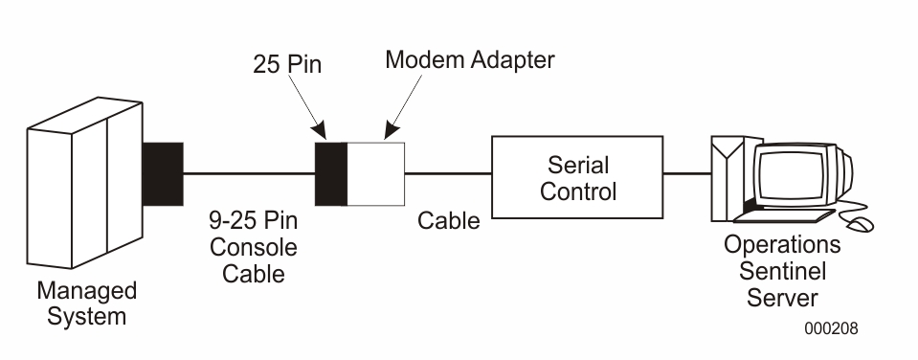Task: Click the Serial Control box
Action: point(577,177)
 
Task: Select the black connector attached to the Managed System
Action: point(162,173)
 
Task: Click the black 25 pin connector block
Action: point(331,173)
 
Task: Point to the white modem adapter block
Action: point(375,173)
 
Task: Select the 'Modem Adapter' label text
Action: point(469,59)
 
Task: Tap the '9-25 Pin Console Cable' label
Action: point(253,247)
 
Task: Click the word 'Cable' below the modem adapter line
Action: point(448,221)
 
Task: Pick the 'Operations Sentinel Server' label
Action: point(781,270)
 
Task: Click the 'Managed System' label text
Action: point(86,303)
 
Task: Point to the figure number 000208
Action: point(830,328)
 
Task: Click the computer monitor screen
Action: point(793,174)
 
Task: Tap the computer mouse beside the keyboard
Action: point(862,223)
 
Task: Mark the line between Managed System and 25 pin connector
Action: point(249,173)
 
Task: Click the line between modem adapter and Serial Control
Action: point(448,174)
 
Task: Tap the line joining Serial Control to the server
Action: point(686,174)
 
